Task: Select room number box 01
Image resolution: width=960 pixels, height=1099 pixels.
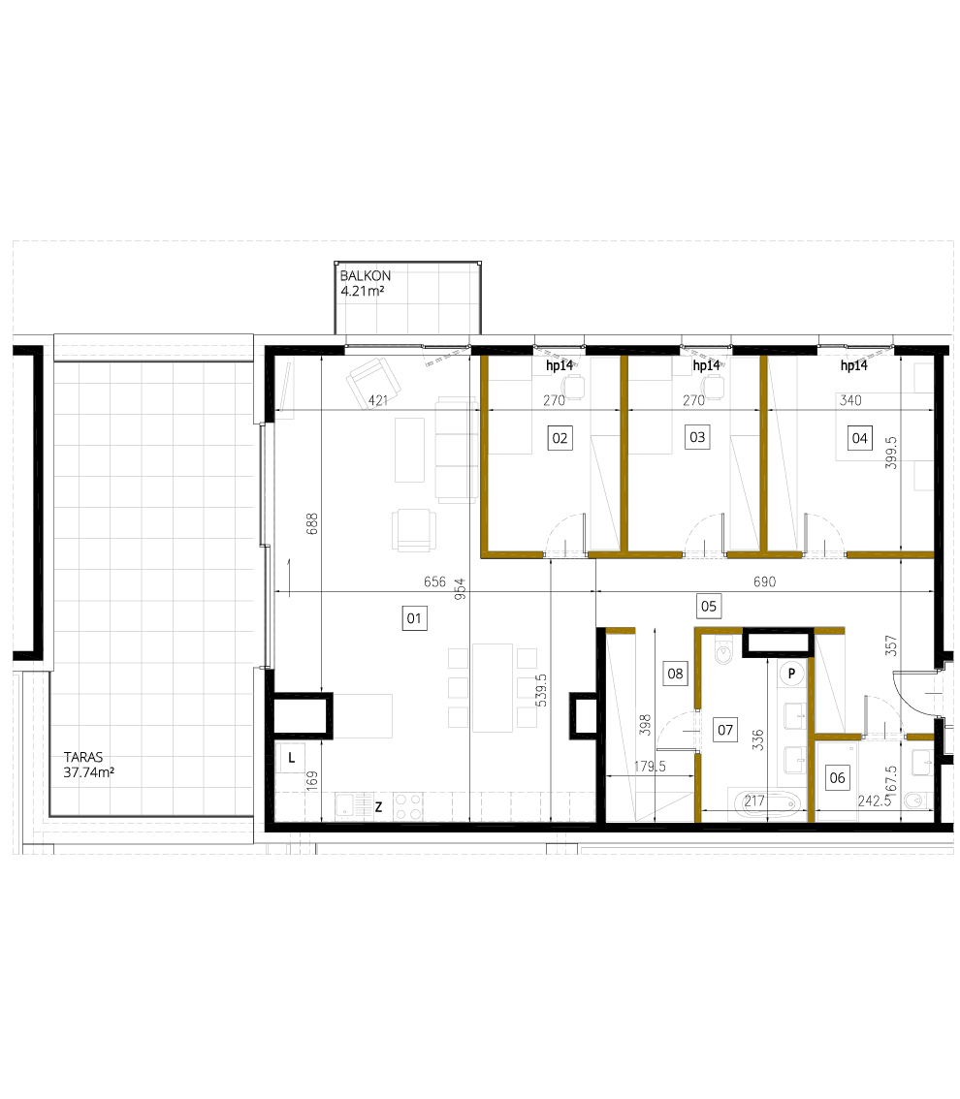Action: [x=414, y=617]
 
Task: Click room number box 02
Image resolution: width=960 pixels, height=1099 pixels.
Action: [x=560, y=438]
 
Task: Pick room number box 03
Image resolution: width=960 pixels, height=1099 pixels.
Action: [x=696, y=437]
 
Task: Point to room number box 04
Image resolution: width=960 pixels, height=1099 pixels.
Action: [x=859, y=438]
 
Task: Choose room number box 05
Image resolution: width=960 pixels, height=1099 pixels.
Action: [x=709, y=607]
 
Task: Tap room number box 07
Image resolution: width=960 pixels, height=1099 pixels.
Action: [x=723, y=728]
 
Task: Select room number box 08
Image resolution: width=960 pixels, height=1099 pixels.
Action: [x=675, y=672]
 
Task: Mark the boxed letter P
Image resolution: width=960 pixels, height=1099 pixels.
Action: [x=792, y=672]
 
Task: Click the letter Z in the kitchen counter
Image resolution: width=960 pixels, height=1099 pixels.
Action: [x=378, y=804]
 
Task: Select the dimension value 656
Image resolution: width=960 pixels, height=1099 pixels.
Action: [x=434, y=582]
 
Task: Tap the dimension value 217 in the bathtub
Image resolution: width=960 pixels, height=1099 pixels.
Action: [x=754, y=801]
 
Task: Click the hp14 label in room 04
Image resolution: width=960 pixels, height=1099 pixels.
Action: [x=852, y=366]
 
